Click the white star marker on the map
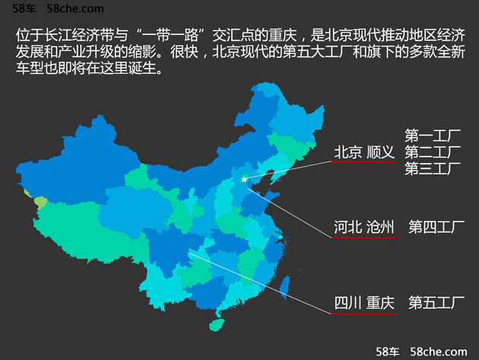(244, 179)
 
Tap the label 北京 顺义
(365, 152)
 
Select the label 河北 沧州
(365, 226)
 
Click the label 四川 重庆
(365, 302)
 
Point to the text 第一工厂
(433, 136)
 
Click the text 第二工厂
(433, 152)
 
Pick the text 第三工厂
(433, 168)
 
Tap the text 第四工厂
(436, 226)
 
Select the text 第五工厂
(436, 302)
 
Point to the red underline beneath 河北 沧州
(365, 237)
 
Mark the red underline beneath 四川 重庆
(365, 314)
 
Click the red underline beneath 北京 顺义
(365, 162)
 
